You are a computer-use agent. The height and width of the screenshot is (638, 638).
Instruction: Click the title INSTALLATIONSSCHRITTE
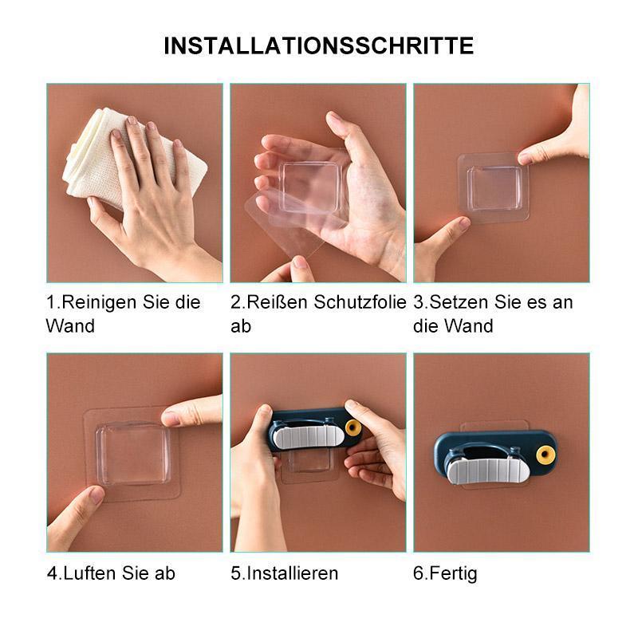[x=318, y=45]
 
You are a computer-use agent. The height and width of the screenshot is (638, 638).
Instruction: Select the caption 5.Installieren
[x=285, y=573]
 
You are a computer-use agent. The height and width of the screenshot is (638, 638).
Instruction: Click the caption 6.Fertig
[x=445, y=573]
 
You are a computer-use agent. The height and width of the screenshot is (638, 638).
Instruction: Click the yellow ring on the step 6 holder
[x=545, y=455]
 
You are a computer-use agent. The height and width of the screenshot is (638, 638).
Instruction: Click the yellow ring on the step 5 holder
[x=352, y=428]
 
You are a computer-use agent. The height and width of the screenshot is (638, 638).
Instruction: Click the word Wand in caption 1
[x=70, y=326]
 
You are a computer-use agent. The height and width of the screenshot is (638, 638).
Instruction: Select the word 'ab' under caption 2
[x=241, y=326]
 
